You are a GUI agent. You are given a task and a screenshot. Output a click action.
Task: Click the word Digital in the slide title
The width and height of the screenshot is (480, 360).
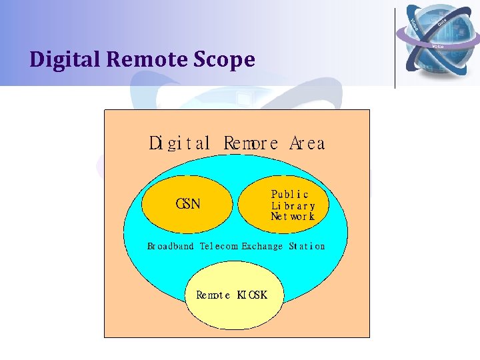[x=65, y=60]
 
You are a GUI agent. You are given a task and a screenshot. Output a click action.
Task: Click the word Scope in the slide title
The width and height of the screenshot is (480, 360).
[x=225, y=60]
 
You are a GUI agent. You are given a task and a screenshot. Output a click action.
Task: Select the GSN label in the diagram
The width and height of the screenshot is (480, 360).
[x=188, y=204]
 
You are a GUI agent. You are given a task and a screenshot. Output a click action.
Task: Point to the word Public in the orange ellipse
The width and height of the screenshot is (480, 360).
[x=290, y=194]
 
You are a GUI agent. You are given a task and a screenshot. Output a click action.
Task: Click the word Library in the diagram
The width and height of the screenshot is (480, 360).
[x=293, y=205]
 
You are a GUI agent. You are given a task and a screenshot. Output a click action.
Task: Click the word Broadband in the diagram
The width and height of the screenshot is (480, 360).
[x=171, y=246]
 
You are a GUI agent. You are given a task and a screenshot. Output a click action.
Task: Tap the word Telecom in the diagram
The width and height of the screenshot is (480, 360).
[x=219, y=246]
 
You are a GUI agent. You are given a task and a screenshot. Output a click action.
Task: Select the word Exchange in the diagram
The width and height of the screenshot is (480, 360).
[x=262, y=246]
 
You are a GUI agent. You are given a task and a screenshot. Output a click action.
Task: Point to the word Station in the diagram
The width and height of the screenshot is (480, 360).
[x=307, y=246]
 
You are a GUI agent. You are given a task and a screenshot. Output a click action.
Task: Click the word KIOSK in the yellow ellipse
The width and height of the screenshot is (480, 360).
[x=252, y=295]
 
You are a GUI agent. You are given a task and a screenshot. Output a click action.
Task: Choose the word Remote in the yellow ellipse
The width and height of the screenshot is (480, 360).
[x=213, y=295]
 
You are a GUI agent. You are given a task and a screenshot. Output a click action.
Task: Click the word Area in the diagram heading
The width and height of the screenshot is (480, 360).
[x=307, y=143]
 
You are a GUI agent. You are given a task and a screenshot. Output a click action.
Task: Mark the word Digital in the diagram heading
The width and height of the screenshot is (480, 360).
[x=179, y=143]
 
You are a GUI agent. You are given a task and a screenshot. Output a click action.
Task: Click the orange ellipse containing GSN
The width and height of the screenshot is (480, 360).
[x=167, y=213]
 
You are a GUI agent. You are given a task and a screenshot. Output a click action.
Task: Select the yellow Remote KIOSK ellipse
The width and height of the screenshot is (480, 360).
[x=233, y=313]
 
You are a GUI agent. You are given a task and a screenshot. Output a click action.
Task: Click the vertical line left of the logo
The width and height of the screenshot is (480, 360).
[x=395, y=47]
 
